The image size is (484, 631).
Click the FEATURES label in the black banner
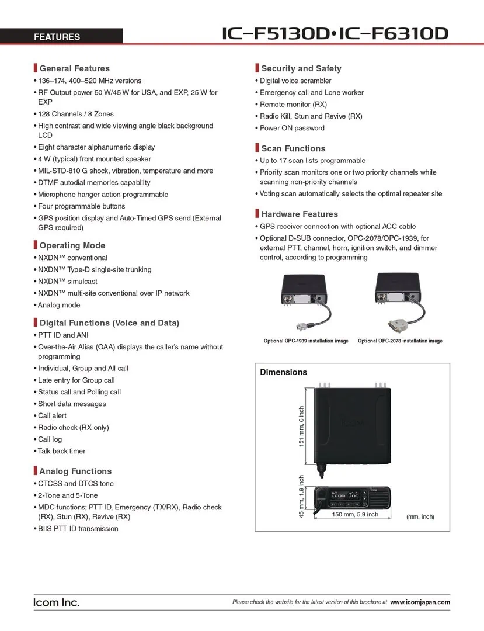(57, 37)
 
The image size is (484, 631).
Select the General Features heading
(74, 68)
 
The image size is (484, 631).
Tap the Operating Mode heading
(72, 245)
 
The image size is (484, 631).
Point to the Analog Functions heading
(75, 471)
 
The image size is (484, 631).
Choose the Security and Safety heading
(301, 68)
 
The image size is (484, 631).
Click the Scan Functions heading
(293, 148)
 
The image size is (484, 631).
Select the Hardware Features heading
(300, 214)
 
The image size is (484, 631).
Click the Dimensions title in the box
(283, 372)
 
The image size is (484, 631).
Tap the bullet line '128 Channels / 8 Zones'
(76, 114)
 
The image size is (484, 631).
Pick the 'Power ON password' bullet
(292, 128)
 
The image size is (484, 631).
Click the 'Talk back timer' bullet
(62, 451)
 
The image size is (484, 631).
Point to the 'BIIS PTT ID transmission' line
(78, 529)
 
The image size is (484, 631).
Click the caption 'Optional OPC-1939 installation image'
(306, 341)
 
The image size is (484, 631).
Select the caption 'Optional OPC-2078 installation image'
(400, 341)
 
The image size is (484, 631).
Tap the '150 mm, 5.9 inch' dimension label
(355, 515)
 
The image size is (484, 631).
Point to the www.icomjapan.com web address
(420, 602)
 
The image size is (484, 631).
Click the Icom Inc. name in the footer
(56, 602)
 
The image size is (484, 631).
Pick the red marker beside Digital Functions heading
(35, 323)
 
